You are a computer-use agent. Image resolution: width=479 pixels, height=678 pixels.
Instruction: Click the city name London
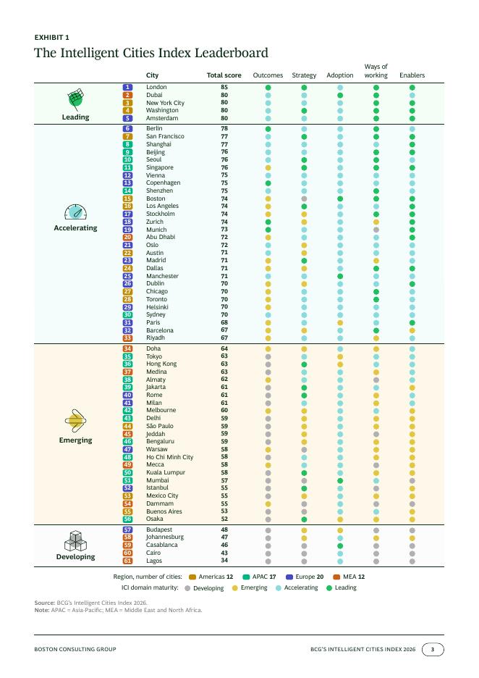[156, 87]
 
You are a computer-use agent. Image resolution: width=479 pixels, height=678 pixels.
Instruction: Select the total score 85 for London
[224, 87]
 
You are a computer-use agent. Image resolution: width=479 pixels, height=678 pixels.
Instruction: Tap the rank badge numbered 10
[127, 159]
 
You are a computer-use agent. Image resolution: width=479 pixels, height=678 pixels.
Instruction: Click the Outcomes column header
[268, 75]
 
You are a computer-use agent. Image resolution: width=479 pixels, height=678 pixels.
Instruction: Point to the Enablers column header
[412, 75]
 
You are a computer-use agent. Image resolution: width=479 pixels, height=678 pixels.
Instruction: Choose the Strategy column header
[304, 75]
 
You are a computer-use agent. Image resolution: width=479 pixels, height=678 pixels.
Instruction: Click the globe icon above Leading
[75, 99]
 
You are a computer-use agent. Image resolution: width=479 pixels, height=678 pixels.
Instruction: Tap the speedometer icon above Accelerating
[75, 212]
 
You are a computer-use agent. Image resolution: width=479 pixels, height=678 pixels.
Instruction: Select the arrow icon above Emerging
[75, 420]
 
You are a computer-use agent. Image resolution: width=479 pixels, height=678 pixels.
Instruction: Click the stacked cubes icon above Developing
[75, 540]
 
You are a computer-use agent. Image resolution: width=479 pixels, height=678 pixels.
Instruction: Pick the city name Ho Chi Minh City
[170, 457]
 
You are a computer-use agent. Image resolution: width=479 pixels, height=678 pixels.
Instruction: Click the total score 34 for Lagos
[224, 561]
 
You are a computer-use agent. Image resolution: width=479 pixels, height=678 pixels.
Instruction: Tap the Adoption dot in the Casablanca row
[340, 545]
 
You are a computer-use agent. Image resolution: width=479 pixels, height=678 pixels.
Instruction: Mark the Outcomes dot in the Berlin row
[268, 129]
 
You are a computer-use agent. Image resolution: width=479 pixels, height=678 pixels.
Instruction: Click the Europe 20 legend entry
[305, 577]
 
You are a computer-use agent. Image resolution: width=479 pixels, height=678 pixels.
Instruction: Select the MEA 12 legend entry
[349, 577]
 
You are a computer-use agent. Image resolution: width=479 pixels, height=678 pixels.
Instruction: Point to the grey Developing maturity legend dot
[187, 588]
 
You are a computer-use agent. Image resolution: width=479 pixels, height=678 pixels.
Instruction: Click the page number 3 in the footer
[433, 649]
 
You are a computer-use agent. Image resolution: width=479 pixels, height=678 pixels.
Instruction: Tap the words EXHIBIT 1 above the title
[52, 37]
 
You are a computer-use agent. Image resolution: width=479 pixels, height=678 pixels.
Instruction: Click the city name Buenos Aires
[164, 511]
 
